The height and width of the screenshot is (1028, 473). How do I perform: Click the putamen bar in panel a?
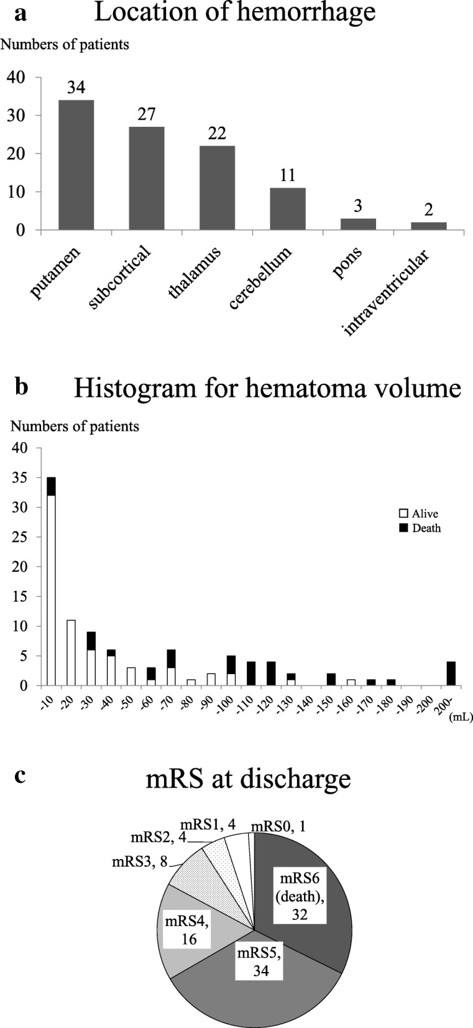point(76,165)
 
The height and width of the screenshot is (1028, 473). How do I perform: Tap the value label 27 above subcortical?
point(147,114)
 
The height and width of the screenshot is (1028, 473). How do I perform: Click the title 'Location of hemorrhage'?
point(234,13)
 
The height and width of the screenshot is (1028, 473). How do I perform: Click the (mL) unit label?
point(460,717)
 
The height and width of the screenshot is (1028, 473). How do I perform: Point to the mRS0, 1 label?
point(278,827)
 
